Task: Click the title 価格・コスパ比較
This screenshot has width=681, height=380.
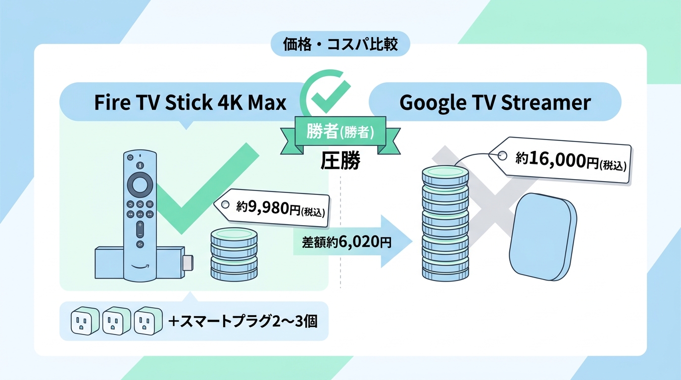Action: pos(340,45)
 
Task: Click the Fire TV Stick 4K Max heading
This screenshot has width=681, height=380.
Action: pos(190,102)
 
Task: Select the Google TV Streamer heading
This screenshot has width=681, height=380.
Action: pos(495,102)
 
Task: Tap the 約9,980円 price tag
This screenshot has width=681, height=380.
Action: pos(272,208)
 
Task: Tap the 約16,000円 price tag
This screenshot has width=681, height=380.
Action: pos(560,160)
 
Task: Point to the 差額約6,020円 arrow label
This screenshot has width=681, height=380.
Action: pos(346,242)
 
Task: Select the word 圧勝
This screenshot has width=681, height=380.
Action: pos(340,160)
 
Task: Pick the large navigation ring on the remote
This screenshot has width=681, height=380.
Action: pos(140,185)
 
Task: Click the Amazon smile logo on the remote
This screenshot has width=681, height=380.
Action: pos(140,267)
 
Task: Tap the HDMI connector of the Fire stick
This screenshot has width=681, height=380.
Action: pos(188,263)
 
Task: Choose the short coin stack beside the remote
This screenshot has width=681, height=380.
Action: pos(234,254)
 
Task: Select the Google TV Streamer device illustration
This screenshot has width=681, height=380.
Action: pos(543,237)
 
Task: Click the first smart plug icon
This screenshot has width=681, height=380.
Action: pos(85,321)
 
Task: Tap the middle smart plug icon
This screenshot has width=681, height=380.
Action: pos(117,321)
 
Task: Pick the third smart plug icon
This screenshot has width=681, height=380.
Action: pos(148,321)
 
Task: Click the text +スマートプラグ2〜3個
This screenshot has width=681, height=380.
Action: pos(243,321)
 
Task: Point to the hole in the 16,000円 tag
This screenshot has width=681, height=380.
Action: pos(502,156)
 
